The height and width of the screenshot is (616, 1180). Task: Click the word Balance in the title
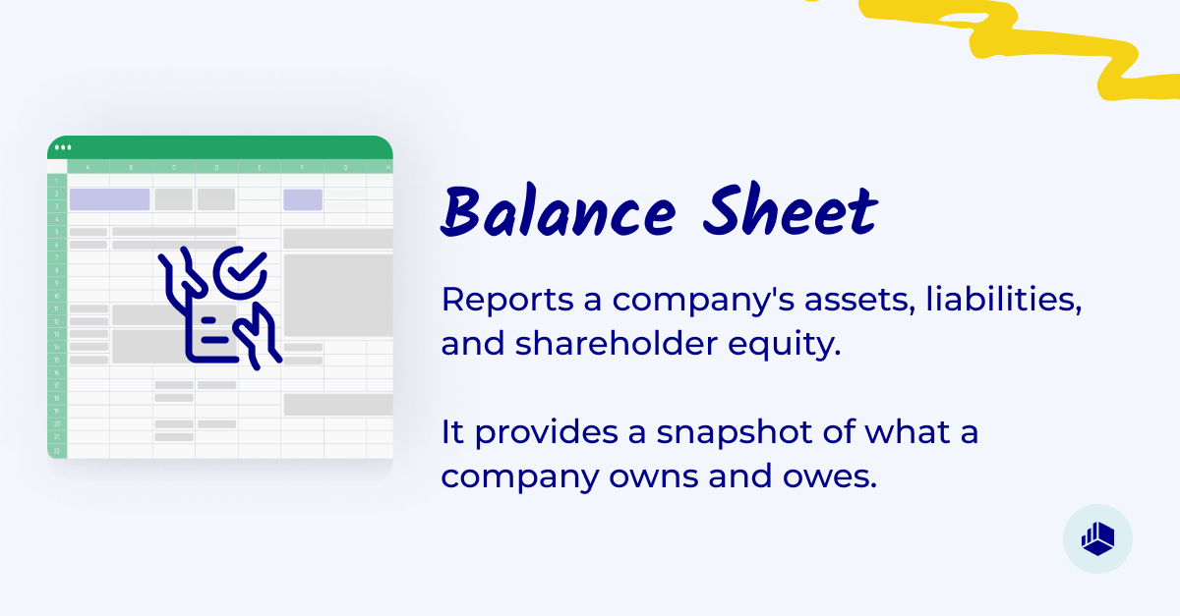click(x=557, y=211)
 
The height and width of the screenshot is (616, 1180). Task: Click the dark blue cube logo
click(x=1097, y=537)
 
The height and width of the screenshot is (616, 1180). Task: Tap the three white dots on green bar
click(x=63, y=147)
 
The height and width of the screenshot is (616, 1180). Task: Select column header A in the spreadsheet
click(x=88, y=167)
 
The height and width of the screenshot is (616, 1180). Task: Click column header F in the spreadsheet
click(x=302, y=167)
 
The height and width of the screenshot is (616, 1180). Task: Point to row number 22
click(x=57, y=450)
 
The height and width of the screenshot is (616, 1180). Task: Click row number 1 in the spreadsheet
click(x=57, y=181)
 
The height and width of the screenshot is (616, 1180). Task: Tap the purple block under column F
click(x=303, y=199)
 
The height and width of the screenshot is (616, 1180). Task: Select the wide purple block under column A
click(x=109, y=199)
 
